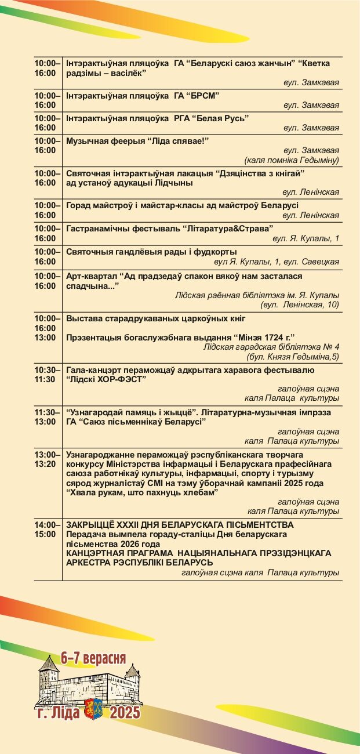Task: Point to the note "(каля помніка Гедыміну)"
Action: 292,160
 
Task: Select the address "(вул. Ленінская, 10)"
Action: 300,304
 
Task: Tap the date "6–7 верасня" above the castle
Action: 93,658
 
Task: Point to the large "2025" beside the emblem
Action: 125,712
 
